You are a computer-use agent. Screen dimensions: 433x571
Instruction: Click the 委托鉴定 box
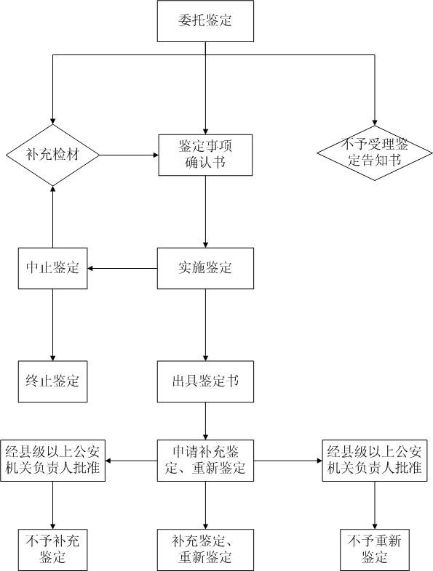pos(205,21)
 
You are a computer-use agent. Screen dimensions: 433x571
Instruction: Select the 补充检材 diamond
pos(53,155)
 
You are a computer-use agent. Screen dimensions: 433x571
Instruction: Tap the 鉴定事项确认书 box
pos(205,155)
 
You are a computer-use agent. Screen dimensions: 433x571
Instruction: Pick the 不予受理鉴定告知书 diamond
pos(375,153)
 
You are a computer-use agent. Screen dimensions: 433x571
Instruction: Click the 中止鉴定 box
pos(53,268)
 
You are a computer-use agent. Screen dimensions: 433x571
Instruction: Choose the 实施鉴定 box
pos(205,268)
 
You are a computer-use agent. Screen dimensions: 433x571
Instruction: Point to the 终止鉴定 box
pos(53,381)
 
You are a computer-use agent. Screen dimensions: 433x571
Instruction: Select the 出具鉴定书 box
pos(205,381)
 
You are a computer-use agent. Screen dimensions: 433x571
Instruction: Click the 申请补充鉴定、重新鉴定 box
pos(205,461)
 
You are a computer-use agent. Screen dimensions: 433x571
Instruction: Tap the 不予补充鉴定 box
pos(53,550)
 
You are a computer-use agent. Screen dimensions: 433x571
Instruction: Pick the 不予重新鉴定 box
pos(375,550)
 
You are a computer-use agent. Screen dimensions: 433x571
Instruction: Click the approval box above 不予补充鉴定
pos(53,461)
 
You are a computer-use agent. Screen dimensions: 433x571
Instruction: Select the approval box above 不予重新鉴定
pos(375,461)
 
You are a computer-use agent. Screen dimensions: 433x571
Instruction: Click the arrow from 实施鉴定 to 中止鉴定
pos(122,268)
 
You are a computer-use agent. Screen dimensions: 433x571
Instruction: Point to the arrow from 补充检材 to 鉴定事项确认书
pos(129,155)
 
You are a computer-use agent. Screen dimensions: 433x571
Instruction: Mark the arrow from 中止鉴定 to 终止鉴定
pos(53,325)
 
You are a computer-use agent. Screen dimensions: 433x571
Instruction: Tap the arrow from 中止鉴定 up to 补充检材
pos(53,216)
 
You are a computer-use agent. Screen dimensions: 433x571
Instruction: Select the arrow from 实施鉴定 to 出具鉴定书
pos(205,325)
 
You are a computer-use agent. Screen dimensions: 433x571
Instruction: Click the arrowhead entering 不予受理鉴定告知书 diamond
pos(375,123)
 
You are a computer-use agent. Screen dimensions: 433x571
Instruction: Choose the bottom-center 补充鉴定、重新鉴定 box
pos(205,550)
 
